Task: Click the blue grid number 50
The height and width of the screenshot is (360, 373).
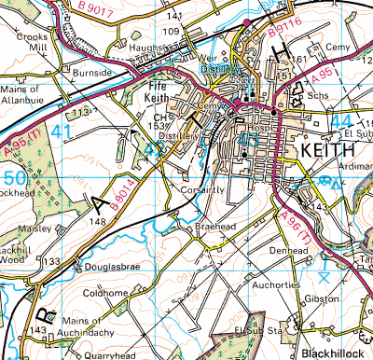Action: [16, 177]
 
